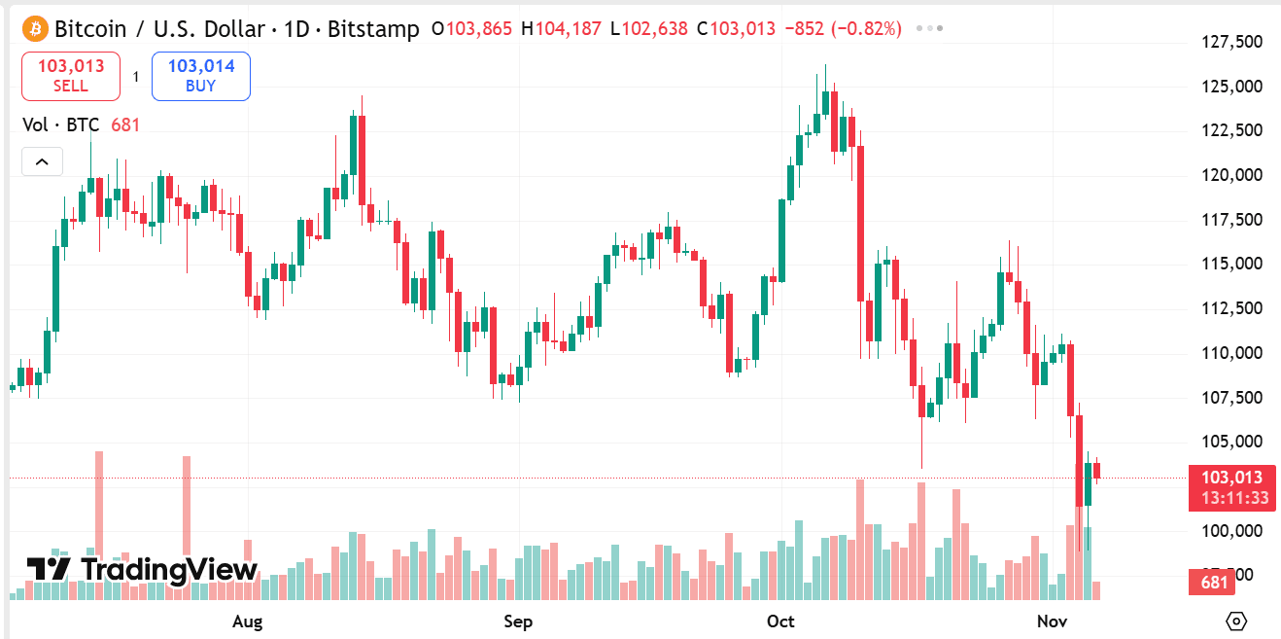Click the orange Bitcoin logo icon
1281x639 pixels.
(x=35, y=28)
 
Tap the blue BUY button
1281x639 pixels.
(x=200, y=76)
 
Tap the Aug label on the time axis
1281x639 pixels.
(x=248, y=621)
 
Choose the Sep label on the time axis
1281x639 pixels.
(x=518, y=621)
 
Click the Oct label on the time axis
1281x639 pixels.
(x=780, y=621)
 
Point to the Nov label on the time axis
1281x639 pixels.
(x=1053, y=621)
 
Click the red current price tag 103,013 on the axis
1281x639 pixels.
(x=1231, y=478)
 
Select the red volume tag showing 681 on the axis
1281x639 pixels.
(x=1213, y=583)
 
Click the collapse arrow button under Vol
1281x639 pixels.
(x=42, y=161)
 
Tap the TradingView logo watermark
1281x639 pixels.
(x=142, y=569)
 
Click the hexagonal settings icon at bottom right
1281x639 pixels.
(x=1236, y=621)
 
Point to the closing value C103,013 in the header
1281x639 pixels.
(x=736, y=28)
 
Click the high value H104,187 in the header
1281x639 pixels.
(x=561, y=28)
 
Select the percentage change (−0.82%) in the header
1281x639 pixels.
(x=865, y=28)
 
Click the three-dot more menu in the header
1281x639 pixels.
(x=930, y=28)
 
